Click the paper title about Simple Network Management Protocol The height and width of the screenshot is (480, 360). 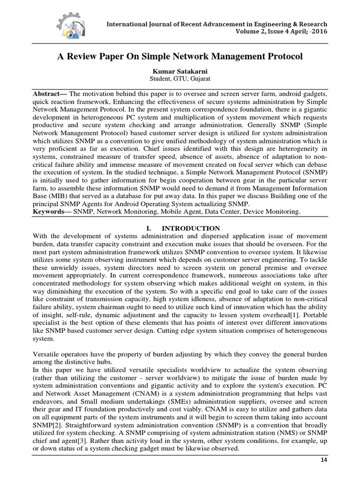[x=180, y=56]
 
